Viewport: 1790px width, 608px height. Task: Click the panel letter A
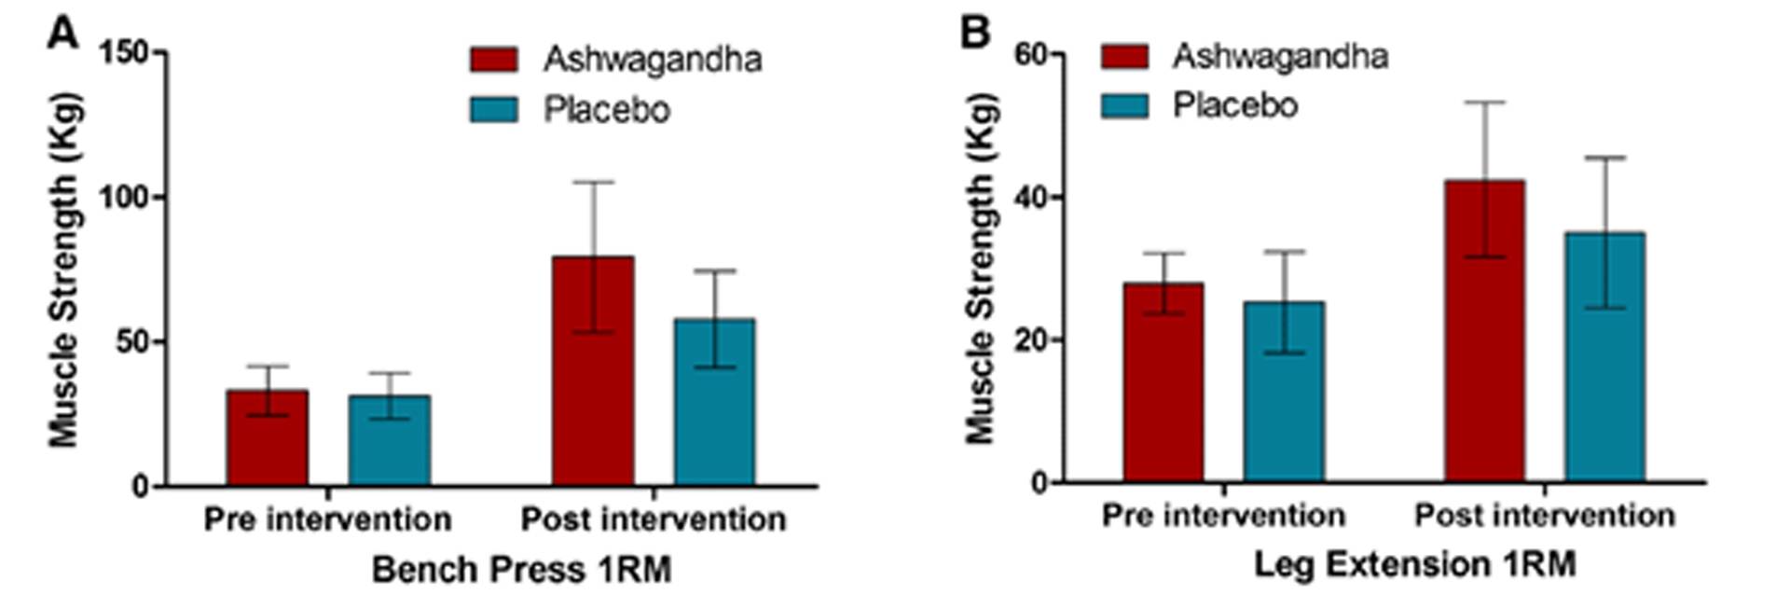coord(63,35)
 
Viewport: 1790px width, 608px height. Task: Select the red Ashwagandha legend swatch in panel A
coord(493,60)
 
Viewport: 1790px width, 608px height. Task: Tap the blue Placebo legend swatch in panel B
coord(1124,105)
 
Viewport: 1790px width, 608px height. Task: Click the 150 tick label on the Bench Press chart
coord(124,52)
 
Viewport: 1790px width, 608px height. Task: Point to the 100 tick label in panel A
coord(124,198)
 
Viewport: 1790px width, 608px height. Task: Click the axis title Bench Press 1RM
coord(521,569)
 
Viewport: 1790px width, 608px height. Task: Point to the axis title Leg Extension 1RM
coord(1415,564)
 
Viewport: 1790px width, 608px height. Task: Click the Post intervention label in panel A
coord(654,519)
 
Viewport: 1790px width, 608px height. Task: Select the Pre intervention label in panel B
coord(1223,516)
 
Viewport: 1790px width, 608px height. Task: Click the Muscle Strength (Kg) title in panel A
coord(64,270)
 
